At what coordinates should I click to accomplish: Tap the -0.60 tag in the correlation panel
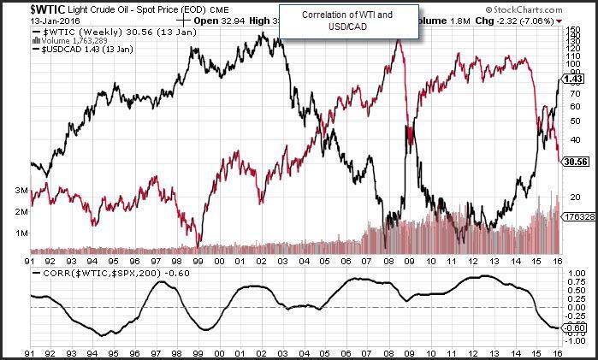pos(576,328)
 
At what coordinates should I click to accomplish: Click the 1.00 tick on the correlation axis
pos(574,274)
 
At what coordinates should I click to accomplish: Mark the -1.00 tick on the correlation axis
pos(574,339)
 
